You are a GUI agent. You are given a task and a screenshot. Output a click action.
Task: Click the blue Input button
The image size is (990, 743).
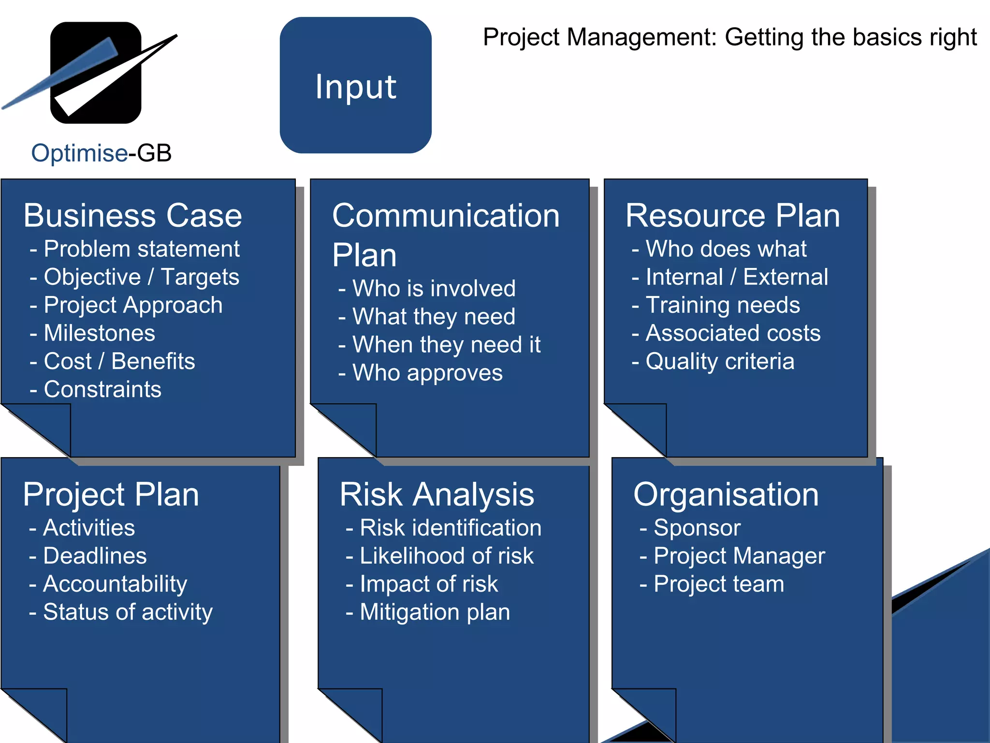[355, 86]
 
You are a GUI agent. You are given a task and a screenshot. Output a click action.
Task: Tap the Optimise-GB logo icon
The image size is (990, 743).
[96, 73]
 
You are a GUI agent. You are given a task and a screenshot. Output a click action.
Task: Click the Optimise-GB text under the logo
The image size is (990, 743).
[102, 153]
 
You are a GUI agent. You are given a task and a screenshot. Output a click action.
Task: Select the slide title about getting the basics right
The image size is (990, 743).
[730, 37]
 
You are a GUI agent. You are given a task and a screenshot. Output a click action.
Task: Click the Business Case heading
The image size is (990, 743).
[132, 215]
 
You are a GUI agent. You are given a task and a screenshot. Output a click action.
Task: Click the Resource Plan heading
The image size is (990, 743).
[732, 215]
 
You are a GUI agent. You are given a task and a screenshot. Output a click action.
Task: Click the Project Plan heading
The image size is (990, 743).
[111, 494]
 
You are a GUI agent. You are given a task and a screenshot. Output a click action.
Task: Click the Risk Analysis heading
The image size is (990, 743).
[437, 494]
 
